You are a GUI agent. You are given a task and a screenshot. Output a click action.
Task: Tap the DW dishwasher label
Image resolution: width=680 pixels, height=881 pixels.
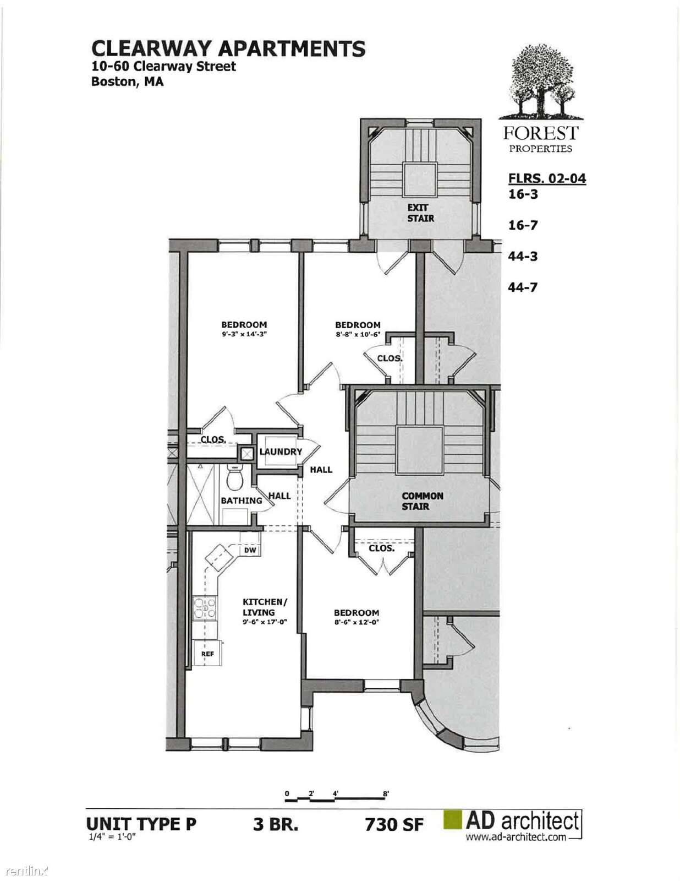(x=250, y=550)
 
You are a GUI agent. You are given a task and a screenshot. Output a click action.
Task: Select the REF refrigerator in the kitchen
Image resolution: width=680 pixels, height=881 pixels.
(x=207, y=653)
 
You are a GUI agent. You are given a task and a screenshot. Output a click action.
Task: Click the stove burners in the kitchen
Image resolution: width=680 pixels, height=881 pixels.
(x=205, y=608)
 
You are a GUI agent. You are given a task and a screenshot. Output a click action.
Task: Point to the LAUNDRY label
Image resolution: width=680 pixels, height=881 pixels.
(x=281, y=452)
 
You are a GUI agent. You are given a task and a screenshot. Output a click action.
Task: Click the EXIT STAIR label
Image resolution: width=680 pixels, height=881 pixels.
(x=420, y=213)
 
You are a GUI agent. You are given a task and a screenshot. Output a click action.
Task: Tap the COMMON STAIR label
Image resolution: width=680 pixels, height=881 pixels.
(x=423, y=501)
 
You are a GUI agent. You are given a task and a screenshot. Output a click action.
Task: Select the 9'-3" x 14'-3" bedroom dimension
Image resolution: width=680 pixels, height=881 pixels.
(x=244, y=334)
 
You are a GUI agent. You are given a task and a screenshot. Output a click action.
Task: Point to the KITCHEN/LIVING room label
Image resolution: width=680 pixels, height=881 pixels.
(x=265, y=607)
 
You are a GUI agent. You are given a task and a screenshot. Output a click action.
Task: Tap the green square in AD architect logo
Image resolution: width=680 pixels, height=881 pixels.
(x=453, y=820)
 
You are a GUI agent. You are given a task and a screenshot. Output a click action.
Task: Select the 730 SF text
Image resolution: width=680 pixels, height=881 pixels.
(x=394, y=824)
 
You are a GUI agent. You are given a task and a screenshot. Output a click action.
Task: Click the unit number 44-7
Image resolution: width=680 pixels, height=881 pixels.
(x=523, y=287)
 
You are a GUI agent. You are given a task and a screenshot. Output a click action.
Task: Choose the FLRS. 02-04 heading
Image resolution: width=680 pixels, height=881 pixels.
(x=547, y=178)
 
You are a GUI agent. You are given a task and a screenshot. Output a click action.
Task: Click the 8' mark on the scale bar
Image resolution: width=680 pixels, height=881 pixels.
(x=386, y=793)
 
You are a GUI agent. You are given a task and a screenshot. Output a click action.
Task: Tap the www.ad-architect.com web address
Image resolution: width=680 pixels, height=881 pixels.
(x=516, y=836)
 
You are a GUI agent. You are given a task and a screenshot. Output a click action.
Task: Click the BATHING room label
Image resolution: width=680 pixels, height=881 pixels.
(x=242, y=501)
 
